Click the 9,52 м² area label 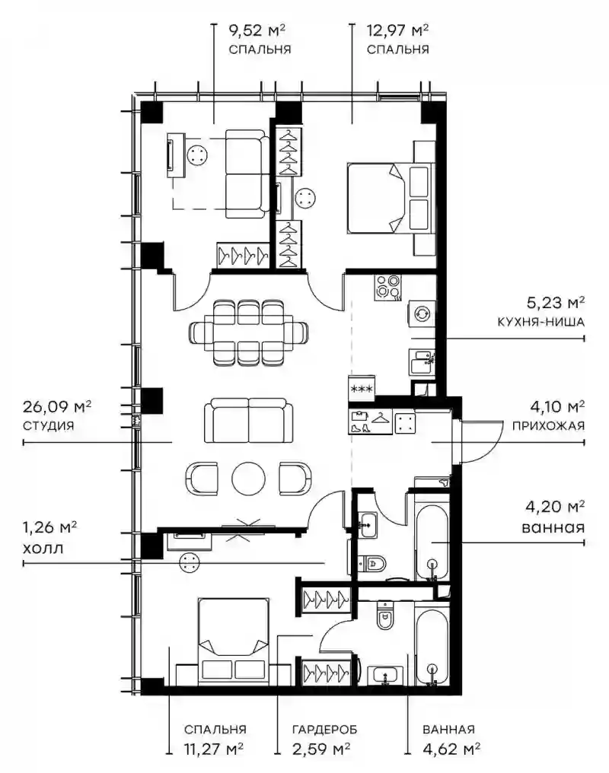click(x=257, y=30)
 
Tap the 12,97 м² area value click(x=397, y=30)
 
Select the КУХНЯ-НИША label click(x=541, y=323)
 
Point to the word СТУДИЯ click(x=48, y=426)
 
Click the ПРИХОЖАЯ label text click(x=548, y=426)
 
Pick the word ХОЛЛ click(x=43, y=549)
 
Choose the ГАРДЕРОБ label click(x=324, y=730)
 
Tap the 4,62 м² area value click(x=451, y=750)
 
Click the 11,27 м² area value click(x=213, y=750)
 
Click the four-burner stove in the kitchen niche click(x=388, y=288)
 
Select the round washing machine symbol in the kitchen click(x=422, y=313)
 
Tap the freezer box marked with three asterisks click(x=362, y=388)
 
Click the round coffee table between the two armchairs click(x=248, y=479)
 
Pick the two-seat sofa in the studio click(x=248, y=421)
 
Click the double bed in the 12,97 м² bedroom click(x=391, y=198)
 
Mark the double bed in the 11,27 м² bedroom click(x=234, y=641)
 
